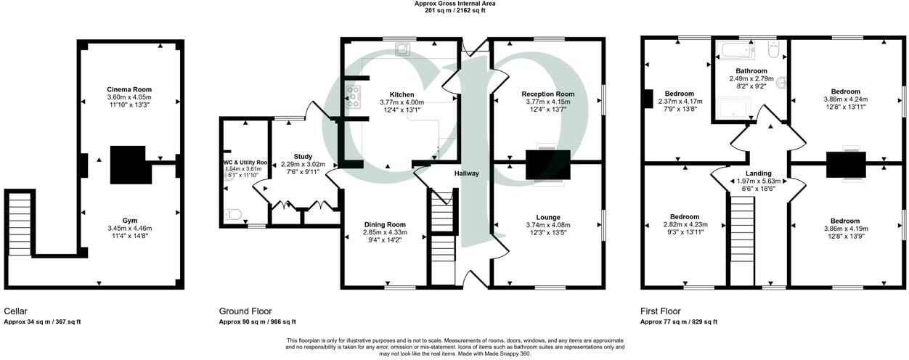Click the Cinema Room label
[129, 89]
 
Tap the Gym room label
[129, 219]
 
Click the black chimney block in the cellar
[130, 165]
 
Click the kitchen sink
[401, 49]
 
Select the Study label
[303, 156]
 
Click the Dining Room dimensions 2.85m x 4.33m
[385, 233]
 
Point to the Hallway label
[467, 173]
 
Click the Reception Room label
[547, 94]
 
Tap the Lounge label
[547, 217]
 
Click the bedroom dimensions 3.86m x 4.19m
[841, 229]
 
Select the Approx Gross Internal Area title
[455, 4]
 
